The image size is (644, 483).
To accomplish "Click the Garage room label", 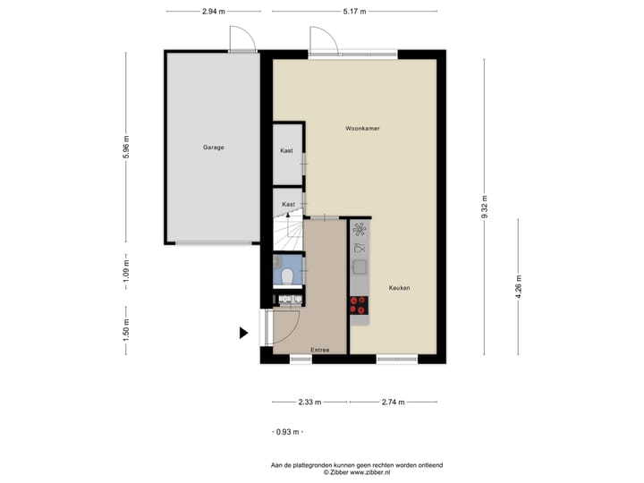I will click(212, 147).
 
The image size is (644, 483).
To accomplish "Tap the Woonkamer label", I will click(362, 129).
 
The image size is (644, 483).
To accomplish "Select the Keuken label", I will click(400, 288).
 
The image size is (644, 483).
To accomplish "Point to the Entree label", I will click(320, 350).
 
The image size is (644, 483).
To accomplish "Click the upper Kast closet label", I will click(286, 151).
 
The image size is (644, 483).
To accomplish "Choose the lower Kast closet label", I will click(288, 205).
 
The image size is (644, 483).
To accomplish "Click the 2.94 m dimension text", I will click(213, 12).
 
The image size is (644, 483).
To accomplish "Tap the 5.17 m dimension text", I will click(355, 12).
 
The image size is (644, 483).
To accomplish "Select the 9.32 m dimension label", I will click(484, 207).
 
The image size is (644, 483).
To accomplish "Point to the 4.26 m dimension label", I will click(518, 288).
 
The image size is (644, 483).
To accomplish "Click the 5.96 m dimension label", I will click(126, 146).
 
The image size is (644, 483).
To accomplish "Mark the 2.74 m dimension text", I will click(392, 402).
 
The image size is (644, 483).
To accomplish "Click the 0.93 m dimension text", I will click(286, 432).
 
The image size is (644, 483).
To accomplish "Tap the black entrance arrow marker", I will click(242, 334).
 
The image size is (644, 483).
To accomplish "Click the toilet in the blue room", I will click(286, 276).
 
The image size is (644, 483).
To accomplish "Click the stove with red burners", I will click(359, 305).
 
